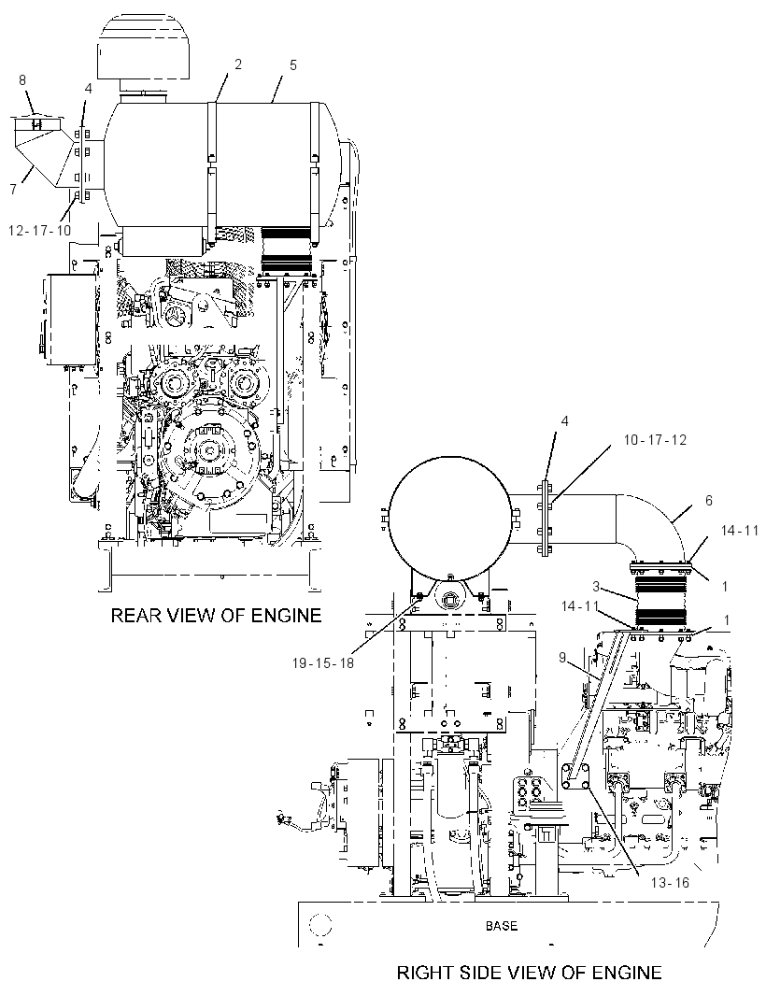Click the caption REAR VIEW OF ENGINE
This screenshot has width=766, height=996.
[216, 616]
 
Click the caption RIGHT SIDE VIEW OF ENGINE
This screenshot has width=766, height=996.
[529, 973]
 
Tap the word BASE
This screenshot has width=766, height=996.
[501, 926]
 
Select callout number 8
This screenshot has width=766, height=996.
[22, 80]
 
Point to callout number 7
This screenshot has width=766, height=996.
[14, 189]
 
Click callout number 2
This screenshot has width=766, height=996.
[238, 64]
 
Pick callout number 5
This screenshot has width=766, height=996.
[292, 64]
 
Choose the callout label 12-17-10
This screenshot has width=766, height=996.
[39, 231]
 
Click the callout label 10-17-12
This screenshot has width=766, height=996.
[655, 439]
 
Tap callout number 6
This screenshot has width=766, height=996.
[709, 501]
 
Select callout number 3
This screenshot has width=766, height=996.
[596, 585]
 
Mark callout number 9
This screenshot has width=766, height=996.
[562, 658]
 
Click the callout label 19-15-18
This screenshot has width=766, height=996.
[322, 663]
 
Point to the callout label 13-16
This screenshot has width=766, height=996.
[670, 882]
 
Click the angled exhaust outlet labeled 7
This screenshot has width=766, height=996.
[39, 152]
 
